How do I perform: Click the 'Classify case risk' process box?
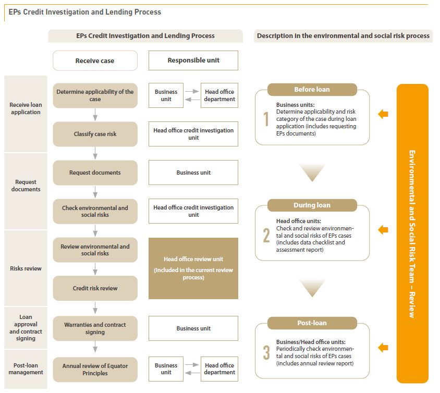(95, 134)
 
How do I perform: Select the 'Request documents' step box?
(95, 173)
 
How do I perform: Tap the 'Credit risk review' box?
(95, 288)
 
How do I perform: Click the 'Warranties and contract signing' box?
(95, 328)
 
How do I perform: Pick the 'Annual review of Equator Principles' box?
(95, 369)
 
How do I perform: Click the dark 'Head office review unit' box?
(193, 268)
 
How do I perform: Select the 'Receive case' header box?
(95, 60)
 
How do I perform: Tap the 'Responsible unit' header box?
(193, 60)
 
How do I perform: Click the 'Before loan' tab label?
(312, 89)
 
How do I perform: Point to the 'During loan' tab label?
(312, 205)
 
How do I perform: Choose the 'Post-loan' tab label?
(312, 323)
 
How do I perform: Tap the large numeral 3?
(266, 352)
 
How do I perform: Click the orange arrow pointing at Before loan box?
(383, 114)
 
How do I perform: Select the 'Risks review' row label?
(26, 268)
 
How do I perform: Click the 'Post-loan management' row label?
(26, 369)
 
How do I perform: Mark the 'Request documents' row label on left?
(26, 186)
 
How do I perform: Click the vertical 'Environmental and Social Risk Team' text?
(412, 234)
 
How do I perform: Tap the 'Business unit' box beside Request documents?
(193, 173)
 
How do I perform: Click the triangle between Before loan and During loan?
(312, 173)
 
